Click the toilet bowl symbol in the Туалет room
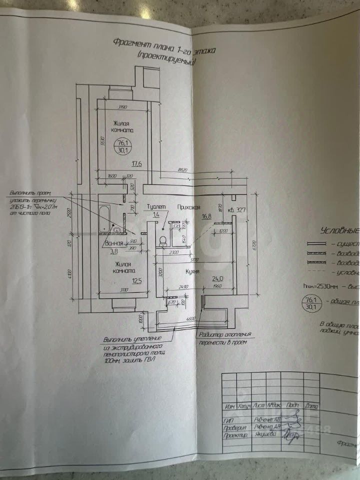coord(162,240)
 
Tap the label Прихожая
coord(189,206)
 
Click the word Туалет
coord(155,206)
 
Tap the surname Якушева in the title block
coord(267,435)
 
